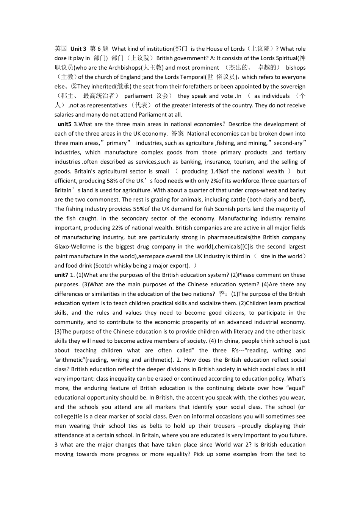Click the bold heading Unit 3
(78, 48)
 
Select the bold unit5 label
(64, 124)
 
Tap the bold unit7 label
(61, 275)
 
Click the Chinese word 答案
(177, 133)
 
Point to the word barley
(297, 190)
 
